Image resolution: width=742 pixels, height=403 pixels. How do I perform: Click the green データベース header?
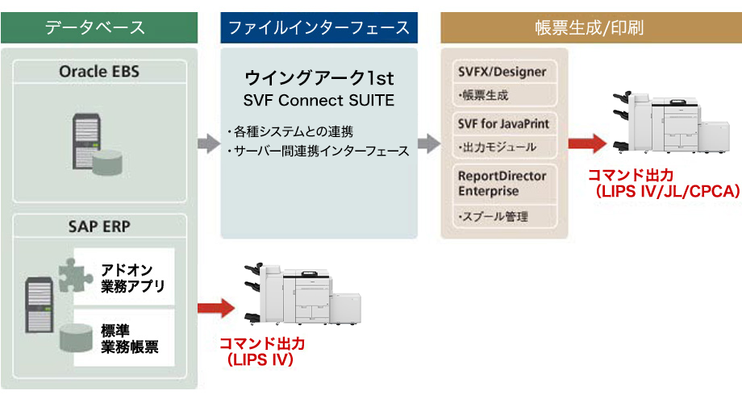[98, 27]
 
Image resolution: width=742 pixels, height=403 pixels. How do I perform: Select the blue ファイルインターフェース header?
[319, 27]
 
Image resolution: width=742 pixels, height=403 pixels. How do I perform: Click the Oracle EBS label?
[98, 72]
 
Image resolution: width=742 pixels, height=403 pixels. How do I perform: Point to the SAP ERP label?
[99, 225]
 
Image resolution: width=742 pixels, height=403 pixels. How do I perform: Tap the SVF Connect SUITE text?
[319, 101]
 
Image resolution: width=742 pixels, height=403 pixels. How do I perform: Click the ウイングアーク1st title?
[319, 79]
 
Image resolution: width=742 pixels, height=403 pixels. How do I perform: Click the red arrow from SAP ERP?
[214, 307]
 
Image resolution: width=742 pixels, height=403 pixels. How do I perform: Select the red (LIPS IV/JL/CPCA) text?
[663, 192]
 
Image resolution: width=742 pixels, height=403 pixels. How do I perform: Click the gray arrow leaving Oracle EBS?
[208, 144]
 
